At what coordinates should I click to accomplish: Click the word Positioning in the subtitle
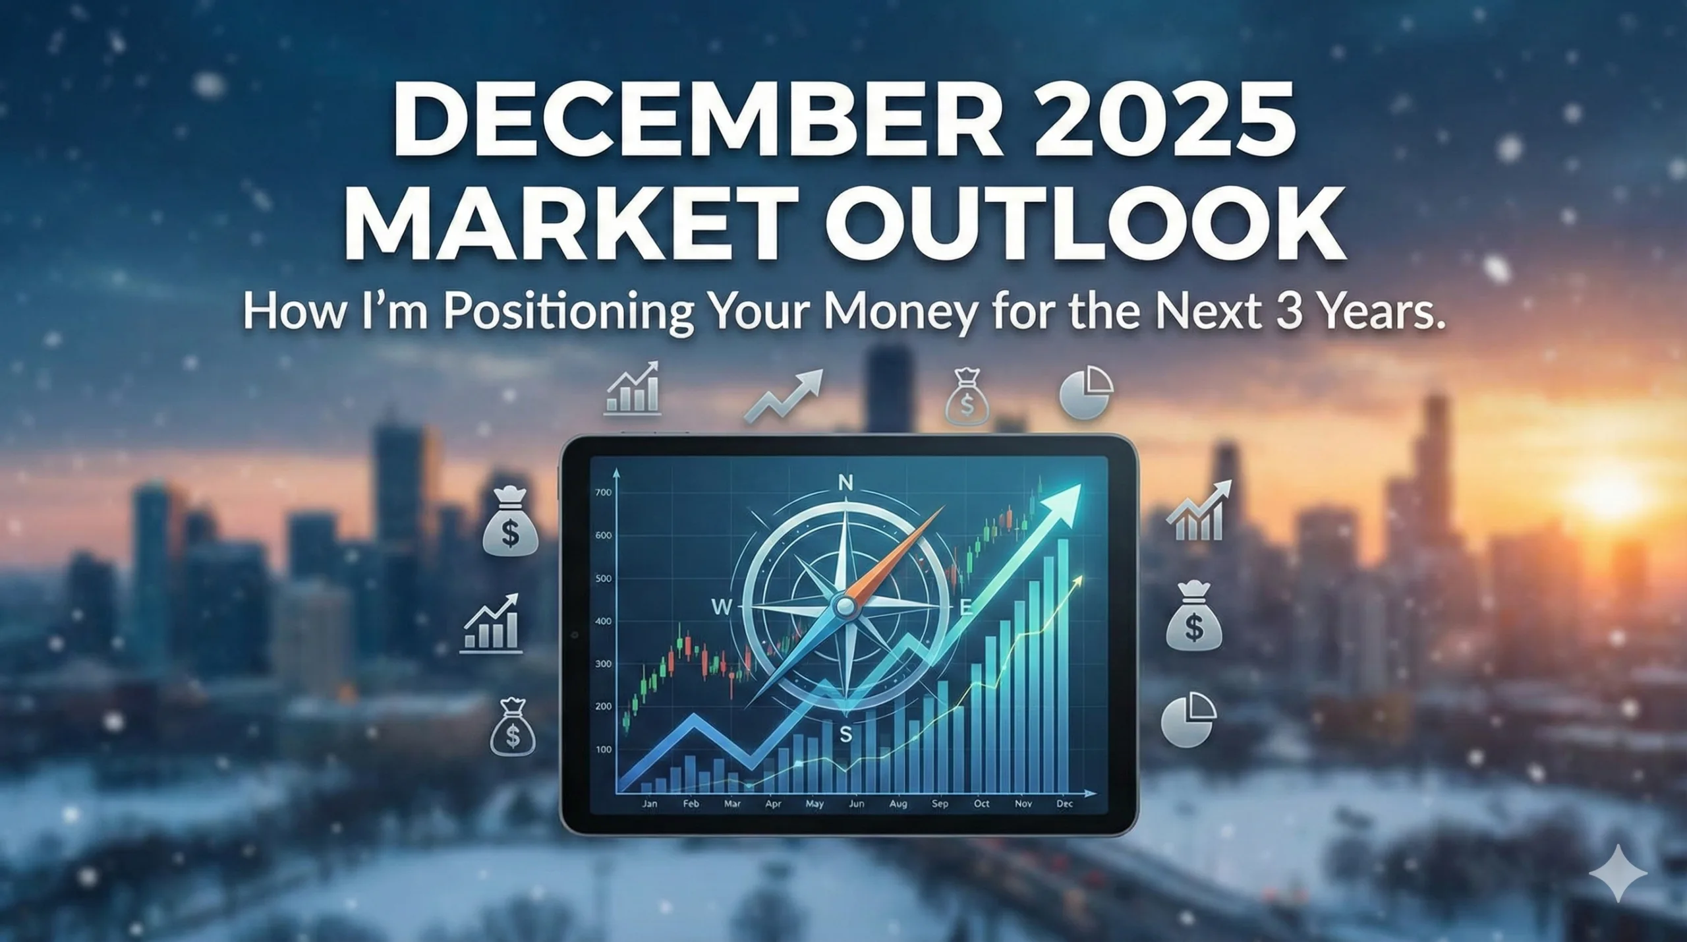tap(568, 312)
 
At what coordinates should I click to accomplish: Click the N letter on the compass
tap(845, 483)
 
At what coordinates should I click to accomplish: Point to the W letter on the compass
tap(722, 607)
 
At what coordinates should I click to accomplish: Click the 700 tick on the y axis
tap(603, 492)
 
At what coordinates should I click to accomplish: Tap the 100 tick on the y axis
tap(603, 750)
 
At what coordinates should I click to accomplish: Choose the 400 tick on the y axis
tap(603, 621)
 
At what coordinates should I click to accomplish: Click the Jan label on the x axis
tap(649, 804)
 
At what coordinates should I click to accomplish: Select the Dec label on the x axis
tap(1065, 804)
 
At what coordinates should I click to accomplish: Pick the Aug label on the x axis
tap(898, 804)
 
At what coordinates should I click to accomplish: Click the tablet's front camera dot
tap(575, 635)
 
